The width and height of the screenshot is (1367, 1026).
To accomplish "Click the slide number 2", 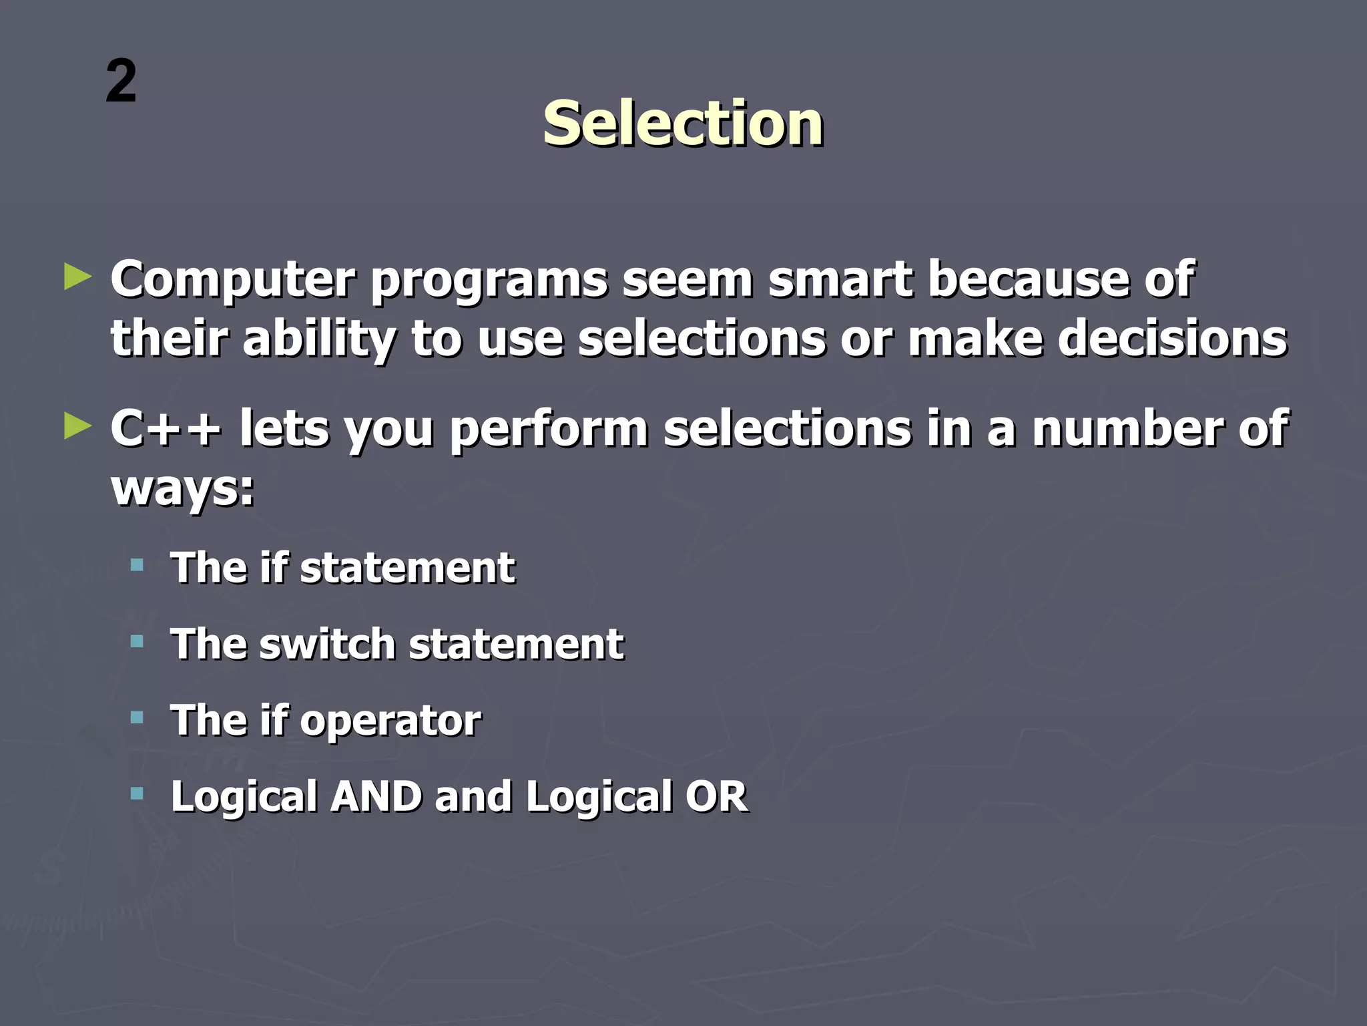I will [121, 81].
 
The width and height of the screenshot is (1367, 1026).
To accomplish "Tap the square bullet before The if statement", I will [138, 566].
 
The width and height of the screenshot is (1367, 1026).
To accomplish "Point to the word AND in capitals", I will [376, 797].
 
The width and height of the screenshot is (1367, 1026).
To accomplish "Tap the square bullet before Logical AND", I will [138, 794].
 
